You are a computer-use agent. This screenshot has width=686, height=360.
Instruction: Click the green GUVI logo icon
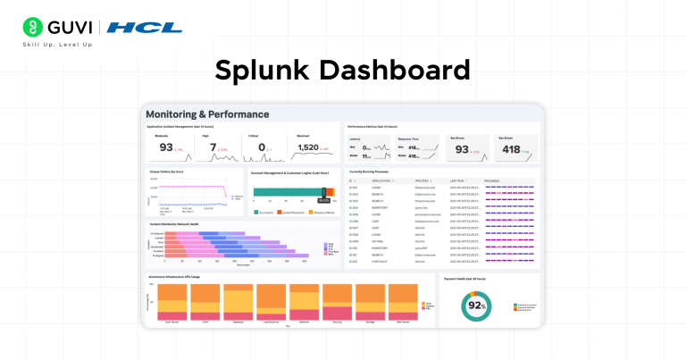[32, 27]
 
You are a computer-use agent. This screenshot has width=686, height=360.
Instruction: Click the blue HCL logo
[144, 28]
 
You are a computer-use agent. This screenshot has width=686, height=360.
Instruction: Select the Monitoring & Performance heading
[206, 114]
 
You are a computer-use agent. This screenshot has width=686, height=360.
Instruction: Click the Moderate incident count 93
[166, 147]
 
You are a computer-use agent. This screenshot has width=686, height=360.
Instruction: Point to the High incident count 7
[213, 147]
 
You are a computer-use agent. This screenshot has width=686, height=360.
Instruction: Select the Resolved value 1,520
[308, 147]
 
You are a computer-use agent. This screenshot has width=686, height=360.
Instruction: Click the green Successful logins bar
[287, 191]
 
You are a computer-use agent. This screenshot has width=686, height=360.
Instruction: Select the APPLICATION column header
[382, 180]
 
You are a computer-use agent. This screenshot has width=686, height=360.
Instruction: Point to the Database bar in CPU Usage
[237, 303]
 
